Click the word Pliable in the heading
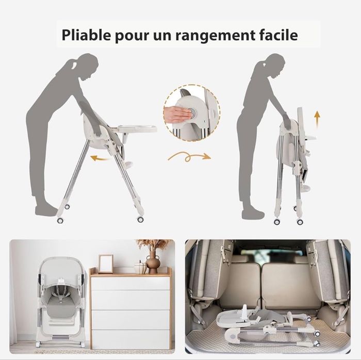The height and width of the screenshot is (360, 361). click(x=86, y=35)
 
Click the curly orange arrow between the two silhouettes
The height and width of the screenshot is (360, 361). click(x=189, y=157)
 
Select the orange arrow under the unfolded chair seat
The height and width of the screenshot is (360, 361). click(x=100, y=158)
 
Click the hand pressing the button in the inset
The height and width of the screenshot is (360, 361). click(x=177, y=113)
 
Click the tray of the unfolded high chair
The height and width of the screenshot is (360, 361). click(x=134, y=128)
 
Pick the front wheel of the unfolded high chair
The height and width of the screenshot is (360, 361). click(x=140, y=219)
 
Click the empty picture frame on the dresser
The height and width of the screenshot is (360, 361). click(x=106, y=264)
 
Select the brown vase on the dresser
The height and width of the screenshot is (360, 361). click(x=153, y=262)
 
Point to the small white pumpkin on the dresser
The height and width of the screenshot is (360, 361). click(x=140, y=268)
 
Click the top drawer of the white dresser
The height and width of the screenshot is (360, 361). click(x=130, y=283)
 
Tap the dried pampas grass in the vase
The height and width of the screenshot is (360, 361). click(x=154, y=245)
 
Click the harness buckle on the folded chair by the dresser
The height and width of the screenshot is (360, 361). click(x=61, y=298)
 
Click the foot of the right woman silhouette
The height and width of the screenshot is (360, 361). click(x=253, y=215)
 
